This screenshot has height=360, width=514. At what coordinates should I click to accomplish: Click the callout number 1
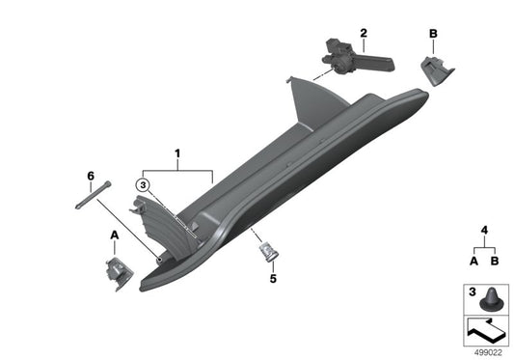point(177,153)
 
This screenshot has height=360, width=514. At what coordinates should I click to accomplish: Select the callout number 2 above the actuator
point(364,34)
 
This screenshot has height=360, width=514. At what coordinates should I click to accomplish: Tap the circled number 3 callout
point(143,184)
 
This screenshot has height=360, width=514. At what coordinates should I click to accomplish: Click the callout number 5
point(272,279)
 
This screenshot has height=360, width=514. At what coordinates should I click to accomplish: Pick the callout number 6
point(91,176)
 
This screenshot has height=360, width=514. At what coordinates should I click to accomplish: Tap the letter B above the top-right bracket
point(432,34)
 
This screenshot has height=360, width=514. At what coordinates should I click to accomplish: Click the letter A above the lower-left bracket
point(114,235)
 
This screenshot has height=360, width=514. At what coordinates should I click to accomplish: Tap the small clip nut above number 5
point(266,253)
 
